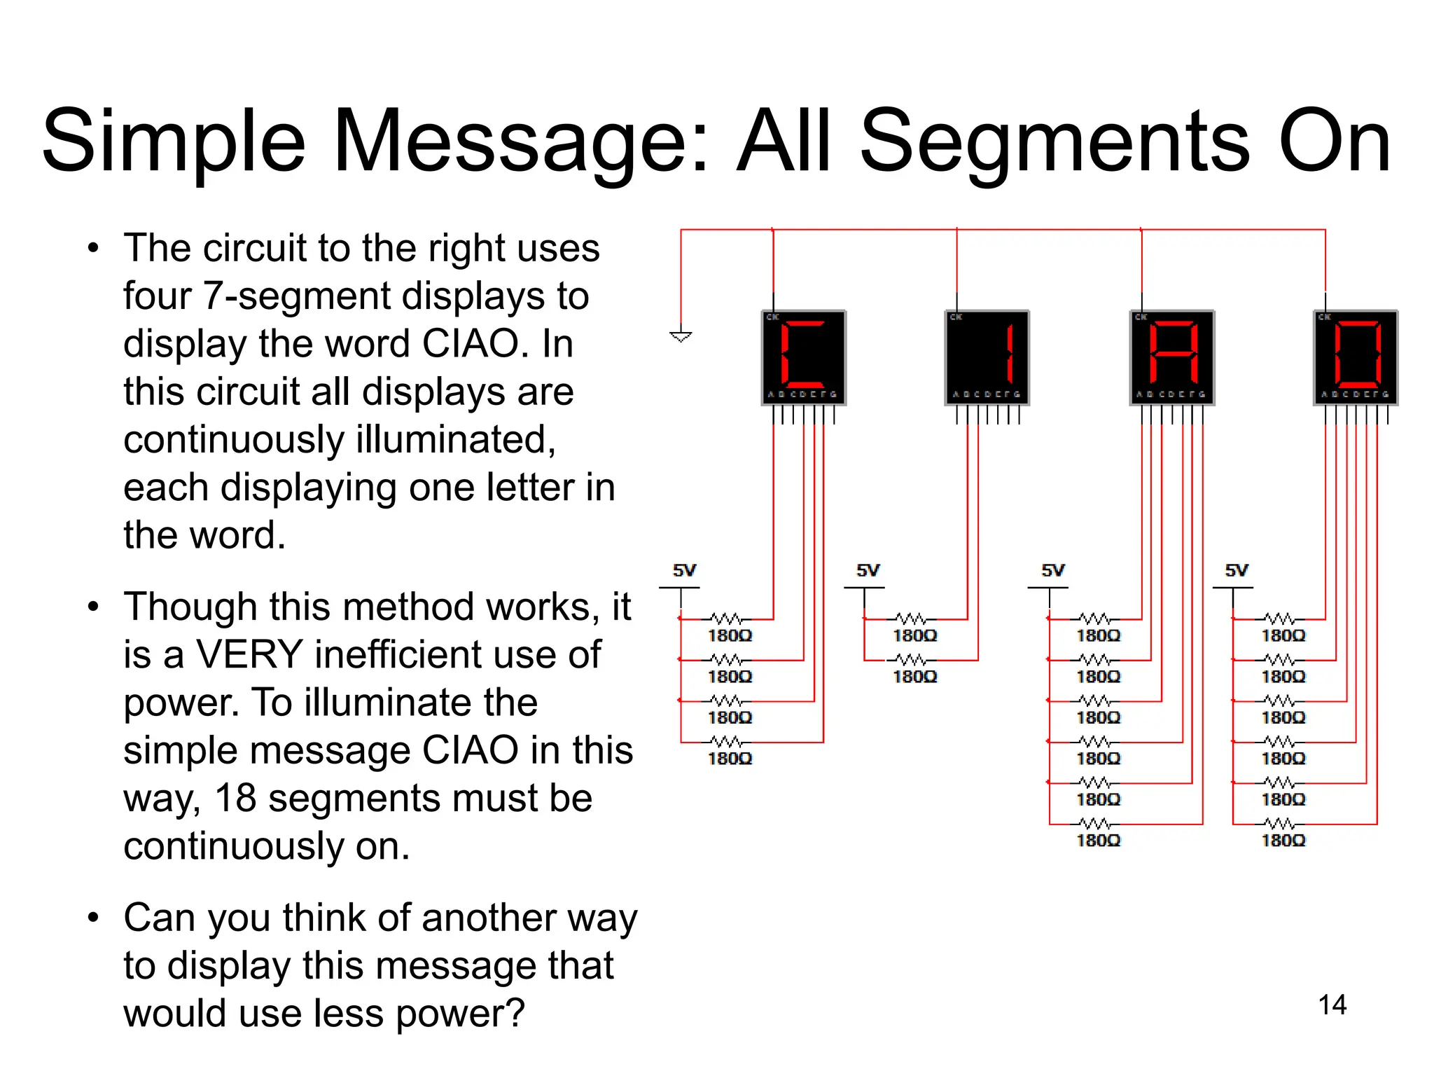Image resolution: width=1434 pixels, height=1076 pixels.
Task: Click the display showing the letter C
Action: (x=804, y=357)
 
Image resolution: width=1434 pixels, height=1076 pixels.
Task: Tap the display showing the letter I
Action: (x=987, y=357)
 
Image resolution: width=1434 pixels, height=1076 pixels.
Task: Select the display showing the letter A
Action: (x=1172, y=357)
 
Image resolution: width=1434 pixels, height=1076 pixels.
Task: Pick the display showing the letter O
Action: (x=1356, y=357)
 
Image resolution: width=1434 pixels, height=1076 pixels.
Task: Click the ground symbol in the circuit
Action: (x=681, y=336)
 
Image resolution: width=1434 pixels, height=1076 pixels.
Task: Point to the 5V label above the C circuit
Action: (x=684, y=570)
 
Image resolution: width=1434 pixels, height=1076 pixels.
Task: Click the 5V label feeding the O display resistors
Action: (x=1237, y=570)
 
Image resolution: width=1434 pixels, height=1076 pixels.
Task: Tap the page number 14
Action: (x=1332, y=1005)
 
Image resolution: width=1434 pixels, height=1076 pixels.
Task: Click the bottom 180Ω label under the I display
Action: (x=914, y=677)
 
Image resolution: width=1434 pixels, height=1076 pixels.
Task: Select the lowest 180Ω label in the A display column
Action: (x=1098, y=840)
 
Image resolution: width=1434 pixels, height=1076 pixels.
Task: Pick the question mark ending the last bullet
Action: (x=515, y=1013)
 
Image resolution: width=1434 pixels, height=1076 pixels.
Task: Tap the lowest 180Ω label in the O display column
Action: (x=1283, y=840)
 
